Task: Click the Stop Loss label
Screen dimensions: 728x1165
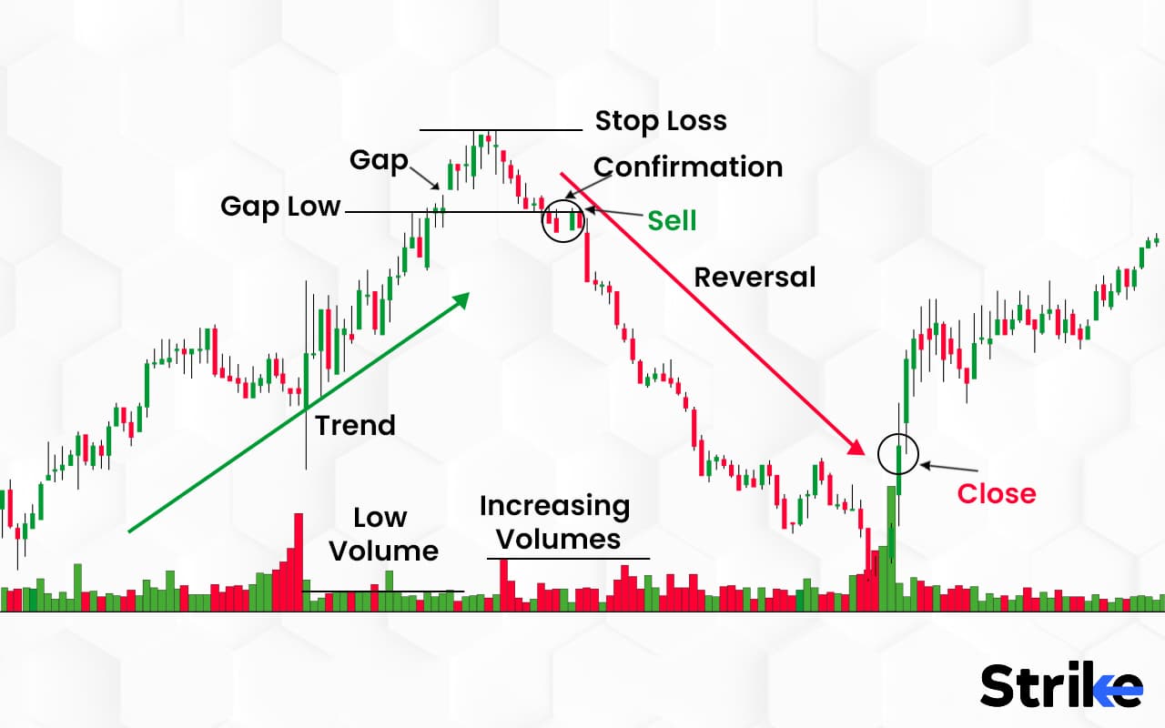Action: tap(661, 121)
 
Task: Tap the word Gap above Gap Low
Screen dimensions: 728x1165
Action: tap(379, 161)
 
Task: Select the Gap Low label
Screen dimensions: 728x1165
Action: tap(280, 207)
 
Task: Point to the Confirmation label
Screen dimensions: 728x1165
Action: tap(688, 167)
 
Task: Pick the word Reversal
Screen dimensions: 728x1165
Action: tap(755, 277)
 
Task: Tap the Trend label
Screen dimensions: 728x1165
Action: tap(355, 425)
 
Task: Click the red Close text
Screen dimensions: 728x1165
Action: tap(997, 493)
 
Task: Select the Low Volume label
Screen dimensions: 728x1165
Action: tap(383, 534)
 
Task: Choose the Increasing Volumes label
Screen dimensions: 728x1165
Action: tap(555, 521)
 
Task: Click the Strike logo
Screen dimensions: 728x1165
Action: tap(1061, 685)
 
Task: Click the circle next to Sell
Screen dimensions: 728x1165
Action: tap(562, 221)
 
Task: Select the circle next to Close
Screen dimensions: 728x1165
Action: tap(898, 452)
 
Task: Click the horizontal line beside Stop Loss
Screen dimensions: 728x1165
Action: tap(500, 130)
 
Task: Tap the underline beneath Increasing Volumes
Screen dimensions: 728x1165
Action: tap(569, 558)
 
